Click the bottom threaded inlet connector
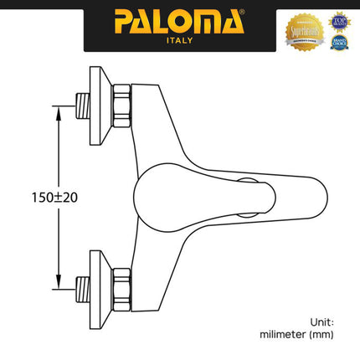[83, 284]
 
